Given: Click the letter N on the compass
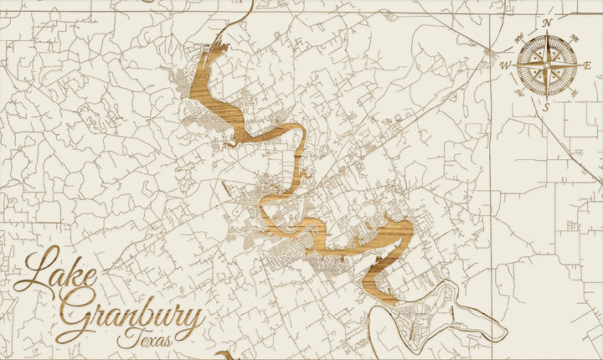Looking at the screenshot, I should pos(547,23).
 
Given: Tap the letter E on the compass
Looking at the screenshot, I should pos(588,65).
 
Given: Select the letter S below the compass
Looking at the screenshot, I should pos(546,107).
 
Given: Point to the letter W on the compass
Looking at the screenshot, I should pos(506,65).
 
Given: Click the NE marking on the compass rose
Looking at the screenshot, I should pos(575,37).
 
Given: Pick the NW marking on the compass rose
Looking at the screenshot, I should pos(519,37).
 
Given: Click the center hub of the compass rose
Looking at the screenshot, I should pos(547,65).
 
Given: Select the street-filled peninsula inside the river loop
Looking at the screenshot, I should pos(423,314).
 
